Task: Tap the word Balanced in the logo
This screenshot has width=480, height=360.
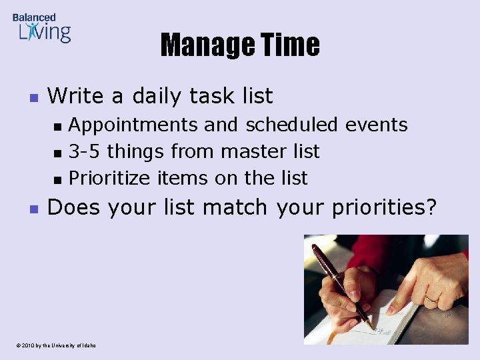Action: point(34,17)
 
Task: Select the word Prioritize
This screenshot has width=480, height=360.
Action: point(111,178)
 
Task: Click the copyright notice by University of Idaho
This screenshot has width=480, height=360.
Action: point(53,345)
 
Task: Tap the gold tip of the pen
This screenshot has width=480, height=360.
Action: point(369,325)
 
